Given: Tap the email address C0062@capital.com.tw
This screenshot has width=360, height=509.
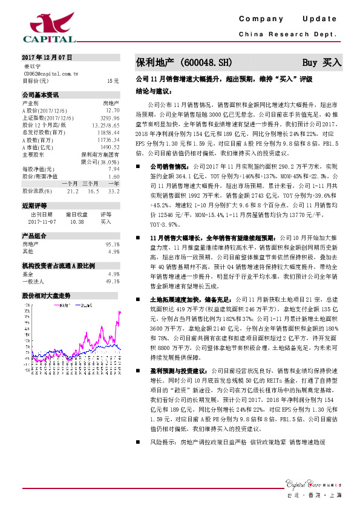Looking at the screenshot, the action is [50, 73].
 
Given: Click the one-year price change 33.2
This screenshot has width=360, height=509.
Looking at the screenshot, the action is [113, 190].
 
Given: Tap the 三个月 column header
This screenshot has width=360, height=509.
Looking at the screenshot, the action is [91, 183].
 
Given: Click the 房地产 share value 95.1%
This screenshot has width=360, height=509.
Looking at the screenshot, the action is [112, 244].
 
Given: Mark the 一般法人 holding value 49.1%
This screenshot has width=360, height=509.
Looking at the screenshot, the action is [112, 281].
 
